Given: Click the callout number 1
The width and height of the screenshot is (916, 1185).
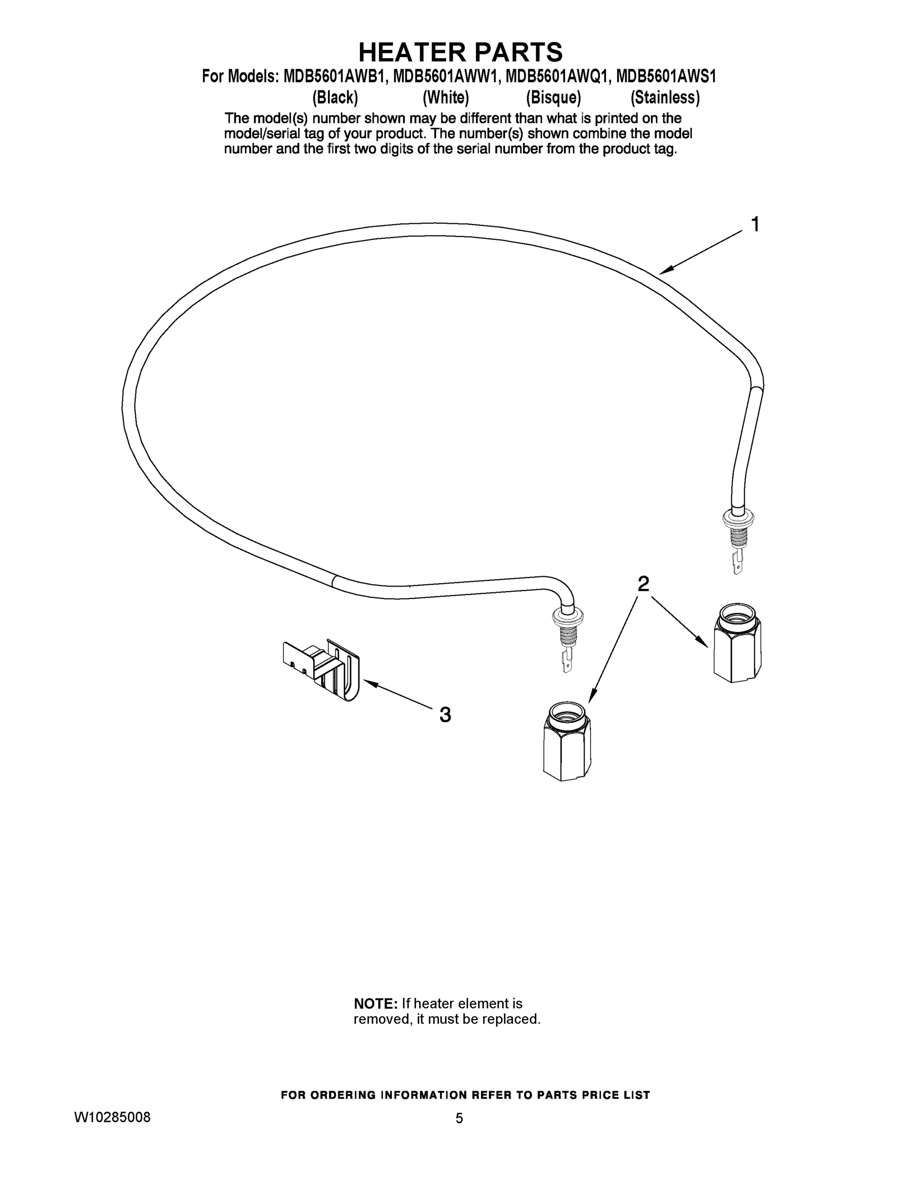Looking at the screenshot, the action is point(755,225).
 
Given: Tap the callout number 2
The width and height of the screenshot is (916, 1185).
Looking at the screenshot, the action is point(643,584).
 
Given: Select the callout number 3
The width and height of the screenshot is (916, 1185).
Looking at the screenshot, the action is point(445,715).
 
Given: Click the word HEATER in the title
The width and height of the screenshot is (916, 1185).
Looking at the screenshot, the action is point(412,53).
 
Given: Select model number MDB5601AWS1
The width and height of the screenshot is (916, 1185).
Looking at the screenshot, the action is point(666,77).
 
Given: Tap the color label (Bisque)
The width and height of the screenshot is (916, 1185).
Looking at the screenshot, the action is point(553,98).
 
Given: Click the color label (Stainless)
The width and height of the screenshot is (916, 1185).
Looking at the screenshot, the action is point(665,98).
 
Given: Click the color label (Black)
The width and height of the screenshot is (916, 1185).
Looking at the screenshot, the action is point(335,98).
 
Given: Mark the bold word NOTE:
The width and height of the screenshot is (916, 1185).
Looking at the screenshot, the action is point(375,1004).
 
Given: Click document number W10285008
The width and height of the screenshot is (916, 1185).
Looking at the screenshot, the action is point(112,1118).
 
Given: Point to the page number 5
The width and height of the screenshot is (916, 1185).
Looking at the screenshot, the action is point(459,1118).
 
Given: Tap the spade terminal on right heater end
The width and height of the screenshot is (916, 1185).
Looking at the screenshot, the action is point(737,562).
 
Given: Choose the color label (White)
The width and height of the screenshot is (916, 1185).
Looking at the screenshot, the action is point(445,98).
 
